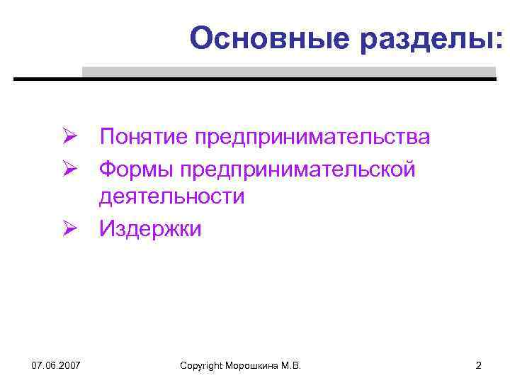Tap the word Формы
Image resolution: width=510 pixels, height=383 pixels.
tap(136, 168)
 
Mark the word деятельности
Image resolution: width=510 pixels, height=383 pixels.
tap(171, 196)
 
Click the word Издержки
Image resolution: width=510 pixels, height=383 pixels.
tap(150, 228)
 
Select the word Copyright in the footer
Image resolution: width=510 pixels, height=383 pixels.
tap(203, 365)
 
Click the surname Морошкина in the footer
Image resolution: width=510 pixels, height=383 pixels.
tap(254, 365)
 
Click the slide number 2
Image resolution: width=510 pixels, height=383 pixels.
tap(478, 365)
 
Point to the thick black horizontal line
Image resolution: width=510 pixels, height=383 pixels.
tap(255, 79)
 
